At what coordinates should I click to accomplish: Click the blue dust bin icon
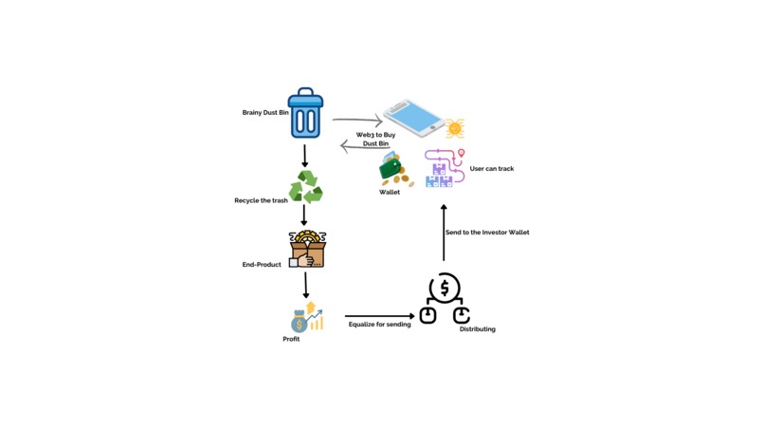(x=305, y=113)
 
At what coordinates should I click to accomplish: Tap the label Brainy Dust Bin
(x=265, y=112)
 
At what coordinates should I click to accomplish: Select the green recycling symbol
(x=305, y=187)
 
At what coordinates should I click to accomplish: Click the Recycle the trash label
(x=261, y=201)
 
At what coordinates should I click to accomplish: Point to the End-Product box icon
(x=307, y=249)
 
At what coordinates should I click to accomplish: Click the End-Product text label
(x=262, y=265)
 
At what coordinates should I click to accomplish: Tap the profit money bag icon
(x=306, y=318)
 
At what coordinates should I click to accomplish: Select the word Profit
(x=291, y=339)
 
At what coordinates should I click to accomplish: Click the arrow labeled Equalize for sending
(x=379, y=316)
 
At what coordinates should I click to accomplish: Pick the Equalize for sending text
(x=379, y=325)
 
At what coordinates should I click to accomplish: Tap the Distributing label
(x=477, y=329)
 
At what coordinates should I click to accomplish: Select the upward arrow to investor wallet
(x=443, y=233)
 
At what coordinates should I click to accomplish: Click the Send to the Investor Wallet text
(x=487, y=233)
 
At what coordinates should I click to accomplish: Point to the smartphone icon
(x=414, y=118)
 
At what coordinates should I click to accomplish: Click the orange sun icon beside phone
(x=455, y=128)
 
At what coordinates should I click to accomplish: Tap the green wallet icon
(x=392, y=169)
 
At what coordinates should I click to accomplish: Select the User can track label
(x=492, y=169)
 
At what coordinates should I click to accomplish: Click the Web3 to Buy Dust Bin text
(x=375, y=140)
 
